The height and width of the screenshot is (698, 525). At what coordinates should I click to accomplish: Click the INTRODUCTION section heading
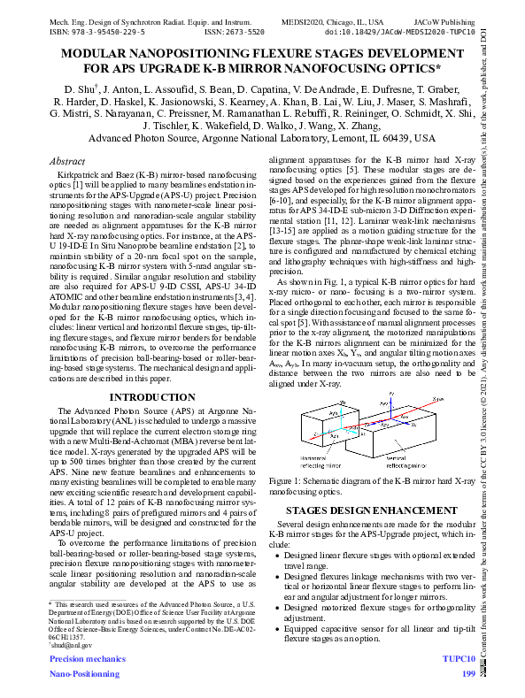149,397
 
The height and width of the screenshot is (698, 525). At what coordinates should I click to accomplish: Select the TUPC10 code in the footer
459,660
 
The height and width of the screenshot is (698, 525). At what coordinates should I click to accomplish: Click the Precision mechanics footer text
87,660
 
